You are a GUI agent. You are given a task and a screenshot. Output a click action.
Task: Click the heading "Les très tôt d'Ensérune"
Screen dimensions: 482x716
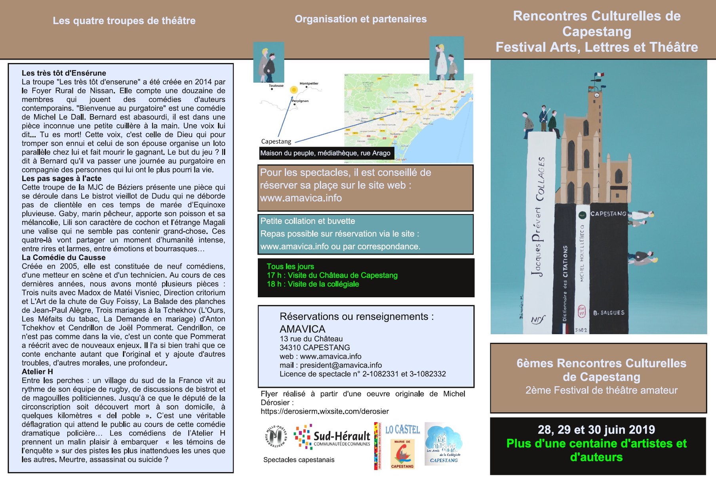click(x=64, y=73)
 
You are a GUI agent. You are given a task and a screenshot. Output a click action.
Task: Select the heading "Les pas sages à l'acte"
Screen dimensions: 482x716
click(x=61, y=178)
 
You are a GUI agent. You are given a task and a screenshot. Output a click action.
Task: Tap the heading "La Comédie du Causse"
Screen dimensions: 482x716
click(x=63, y=257)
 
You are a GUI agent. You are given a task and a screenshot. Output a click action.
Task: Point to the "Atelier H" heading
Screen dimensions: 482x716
click(x=37, y=371)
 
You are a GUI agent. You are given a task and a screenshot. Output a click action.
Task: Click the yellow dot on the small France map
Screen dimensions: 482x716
click(x=293, y=90)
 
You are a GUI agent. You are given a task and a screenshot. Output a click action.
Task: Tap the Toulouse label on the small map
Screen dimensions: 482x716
click(x=276, y=86)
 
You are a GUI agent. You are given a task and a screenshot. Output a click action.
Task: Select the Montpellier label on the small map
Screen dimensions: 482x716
click(x=309, y=84)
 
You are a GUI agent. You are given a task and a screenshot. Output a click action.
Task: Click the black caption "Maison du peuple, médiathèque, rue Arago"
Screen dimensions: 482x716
click(x=325, y=153)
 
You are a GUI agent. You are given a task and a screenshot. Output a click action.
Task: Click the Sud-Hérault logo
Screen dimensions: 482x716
click(x=333, y=437)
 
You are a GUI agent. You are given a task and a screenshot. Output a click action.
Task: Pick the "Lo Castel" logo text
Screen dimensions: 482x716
click(x=402, y=430)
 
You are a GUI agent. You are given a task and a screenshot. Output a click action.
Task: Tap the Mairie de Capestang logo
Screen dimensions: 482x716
click(x=402, y=454)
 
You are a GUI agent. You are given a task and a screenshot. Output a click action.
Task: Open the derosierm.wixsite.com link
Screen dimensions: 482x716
click(x=324, y=411)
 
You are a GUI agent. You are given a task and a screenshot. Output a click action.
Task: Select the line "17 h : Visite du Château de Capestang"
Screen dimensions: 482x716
click(x=332, y=275)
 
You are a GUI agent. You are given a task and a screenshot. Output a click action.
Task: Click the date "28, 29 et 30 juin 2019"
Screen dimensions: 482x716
click(x=596, y=430)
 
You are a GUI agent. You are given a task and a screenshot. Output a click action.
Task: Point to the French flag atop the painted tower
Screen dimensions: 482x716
click(x=599, y=75)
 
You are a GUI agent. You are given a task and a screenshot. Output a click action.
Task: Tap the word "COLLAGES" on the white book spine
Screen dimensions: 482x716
click(x=541, y=178)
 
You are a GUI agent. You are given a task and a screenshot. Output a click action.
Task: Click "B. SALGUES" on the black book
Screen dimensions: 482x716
click(x=609, y=313)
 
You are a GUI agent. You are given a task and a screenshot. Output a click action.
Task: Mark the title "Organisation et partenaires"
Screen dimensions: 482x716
click(x=360, y=19)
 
